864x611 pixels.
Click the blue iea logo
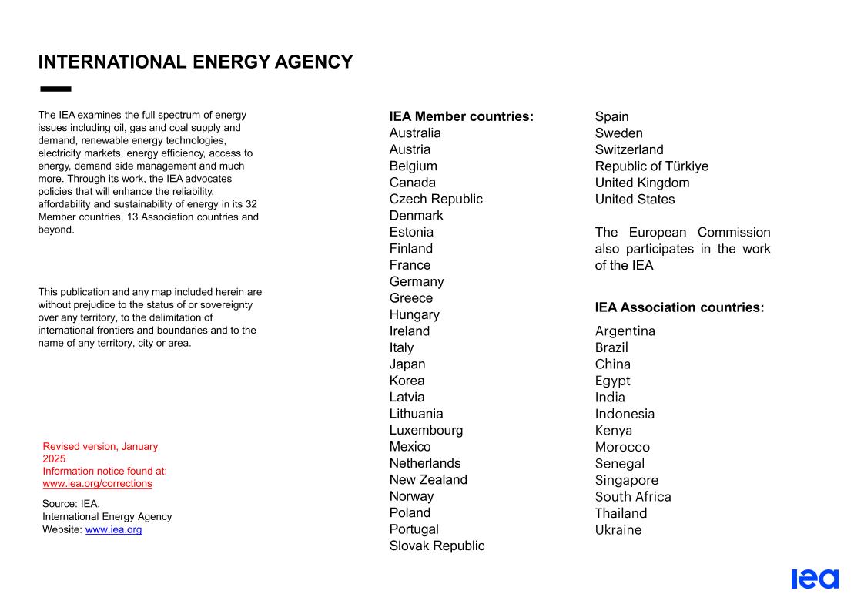click(x=815, y=579)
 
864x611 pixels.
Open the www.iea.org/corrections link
click(x=97, y=484)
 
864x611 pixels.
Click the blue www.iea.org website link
click(x=113, y=530)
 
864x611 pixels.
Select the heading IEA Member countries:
click(x=461, y=117)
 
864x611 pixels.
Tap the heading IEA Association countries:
click(x=679, y=307)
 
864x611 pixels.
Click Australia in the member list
click(x=415, y=133)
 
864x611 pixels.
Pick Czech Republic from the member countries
click(x=436, y=200)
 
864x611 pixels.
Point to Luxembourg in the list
click(x=426, y=431)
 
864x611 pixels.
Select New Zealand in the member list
click(x=428, y=480)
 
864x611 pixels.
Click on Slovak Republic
click(x=437, y=546)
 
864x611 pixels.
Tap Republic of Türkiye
click(x=651, y=166)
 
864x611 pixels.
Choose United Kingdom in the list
click(x=642, y=183)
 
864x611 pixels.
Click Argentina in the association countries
click(x=625, y=331)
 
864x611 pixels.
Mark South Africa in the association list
click(x=633, y=497)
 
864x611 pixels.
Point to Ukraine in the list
click(x=618, y=530)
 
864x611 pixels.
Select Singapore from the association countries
click(x=627, y=481)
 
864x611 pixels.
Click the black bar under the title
click(x=55, y=89)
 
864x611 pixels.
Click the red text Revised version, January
click(x=100, y=447)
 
